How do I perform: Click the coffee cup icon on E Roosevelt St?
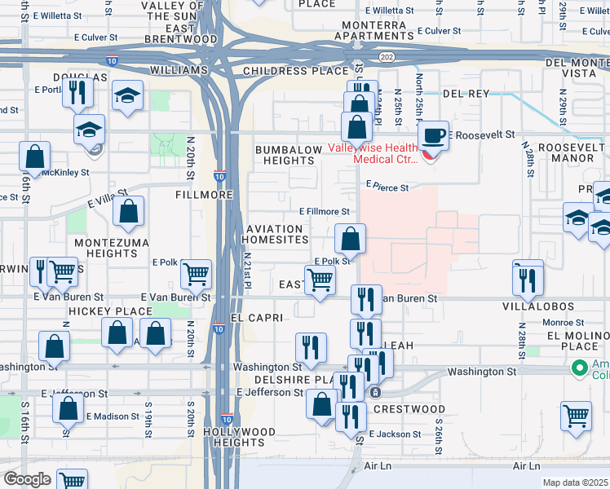point(433,135)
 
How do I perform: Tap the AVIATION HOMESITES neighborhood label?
point(275,233)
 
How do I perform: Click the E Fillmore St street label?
point(325,212)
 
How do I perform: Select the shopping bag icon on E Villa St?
point(129,214)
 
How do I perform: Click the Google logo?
point(27,479)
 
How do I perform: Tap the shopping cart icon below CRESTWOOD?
point(576,416)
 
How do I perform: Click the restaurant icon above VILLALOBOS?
point(528,279)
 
